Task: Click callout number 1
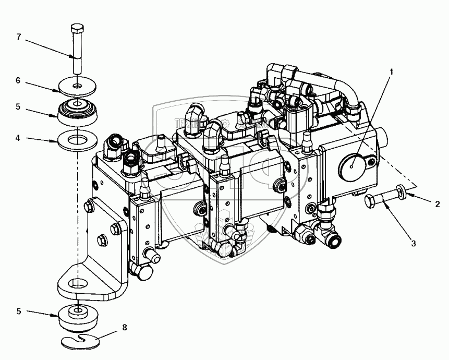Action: (392, 71)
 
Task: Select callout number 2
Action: (438, 203)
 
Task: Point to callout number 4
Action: (18, 139)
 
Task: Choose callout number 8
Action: (124, 328)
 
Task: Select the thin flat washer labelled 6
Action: (77, 84)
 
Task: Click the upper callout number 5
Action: (18, 107)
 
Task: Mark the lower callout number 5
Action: (18, 311)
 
